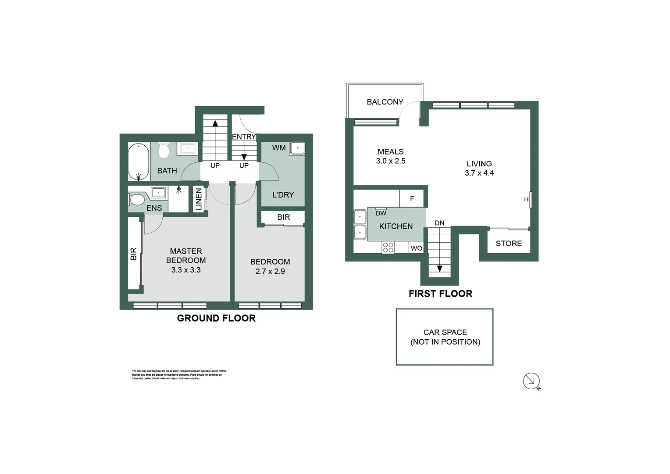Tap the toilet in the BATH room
point(164,151)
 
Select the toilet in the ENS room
point(137,200)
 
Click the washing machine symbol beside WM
point(297,148)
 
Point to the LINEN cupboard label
point(199,199)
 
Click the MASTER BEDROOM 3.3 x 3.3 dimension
point(186,270)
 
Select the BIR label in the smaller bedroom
point(283,217)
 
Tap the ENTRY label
point(243,137)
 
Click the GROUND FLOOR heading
point(216,318)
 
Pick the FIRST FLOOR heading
point(440,294)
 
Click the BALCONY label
point(385,102)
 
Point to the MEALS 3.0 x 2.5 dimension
point(391,161)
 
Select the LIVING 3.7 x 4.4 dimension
point(479,173)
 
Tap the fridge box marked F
point(411,199)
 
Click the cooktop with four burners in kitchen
point(388,248)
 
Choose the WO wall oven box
point(416,248)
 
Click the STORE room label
point(509,244)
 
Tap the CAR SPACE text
point(445,332)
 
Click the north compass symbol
point(531,381)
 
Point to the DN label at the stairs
point(439,223)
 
